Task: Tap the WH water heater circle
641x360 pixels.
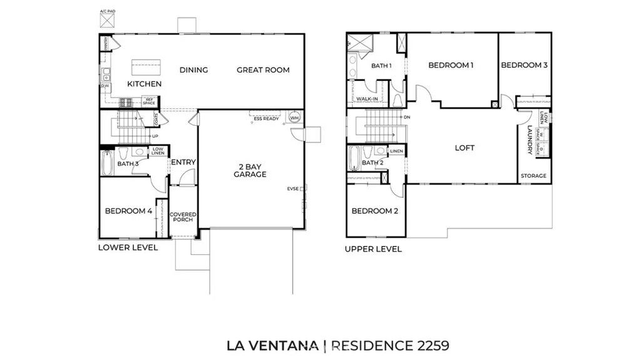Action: click(294, 118)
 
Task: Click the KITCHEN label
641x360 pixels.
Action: click(145, 84)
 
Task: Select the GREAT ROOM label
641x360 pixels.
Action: click(263, 70)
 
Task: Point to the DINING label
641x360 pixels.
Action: click(193, 70)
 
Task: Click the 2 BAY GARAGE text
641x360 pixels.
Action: click(249, 170)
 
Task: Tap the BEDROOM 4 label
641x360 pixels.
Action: click(128, 211)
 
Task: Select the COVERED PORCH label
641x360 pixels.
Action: click(183, 217)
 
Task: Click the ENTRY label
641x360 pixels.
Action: click(183, 162)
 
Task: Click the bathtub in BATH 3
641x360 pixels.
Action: click(107, 162)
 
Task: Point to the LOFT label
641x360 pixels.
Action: click(464, 148)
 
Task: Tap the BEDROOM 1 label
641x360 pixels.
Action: click(451, 65)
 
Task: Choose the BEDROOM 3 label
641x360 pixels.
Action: click(524, 65)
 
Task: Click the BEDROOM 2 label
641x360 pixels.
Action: click(374, 211)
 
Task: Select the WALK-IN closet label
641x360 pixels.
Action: click(366, 99)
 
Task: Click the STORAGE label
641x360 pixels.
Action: click(533, 176)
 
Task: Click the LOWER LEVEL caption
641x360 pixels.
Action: click(128, 247)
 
